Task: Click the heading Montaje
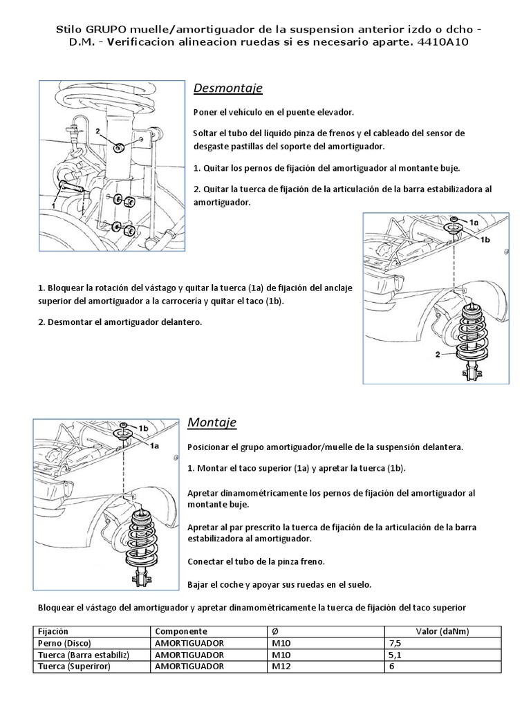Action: coord(212,422)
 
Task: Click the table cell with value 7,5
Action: coord(396,642)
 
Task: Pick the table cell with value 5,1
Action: coord(396,654)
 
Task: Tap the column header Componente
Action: coord(181,631)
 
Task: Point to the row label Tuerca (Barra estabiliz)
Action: coord(78,654)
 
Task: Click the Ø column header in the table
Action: coord(274,631)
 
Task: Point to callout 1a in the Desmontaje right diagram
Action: coord(474,222)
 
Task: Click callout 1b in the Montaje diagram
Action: coord(144,428)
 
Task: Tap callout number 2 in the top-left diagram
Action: coord(99,130)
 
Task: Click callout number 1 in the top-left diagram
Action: coord(53,205)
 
